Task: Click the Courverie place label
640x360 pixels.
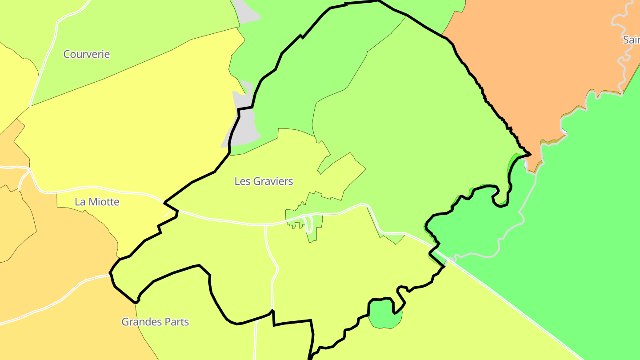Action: click(x=86, y=54)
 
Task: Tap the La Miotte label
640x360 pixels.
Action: click(x=97, y=202)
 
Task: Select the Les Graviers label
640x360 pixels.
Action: click(x=264, y=181)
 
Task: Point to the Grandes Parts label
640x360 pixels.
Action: click(x=155, y=322)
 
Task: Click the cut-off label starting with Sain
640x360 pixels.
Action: click(x=631, y=40)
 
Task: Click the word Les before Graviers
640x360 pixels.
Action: click(x=242, y=181)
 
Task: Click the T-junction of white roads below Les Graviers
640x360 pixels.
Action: click(x=266, y=225)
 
